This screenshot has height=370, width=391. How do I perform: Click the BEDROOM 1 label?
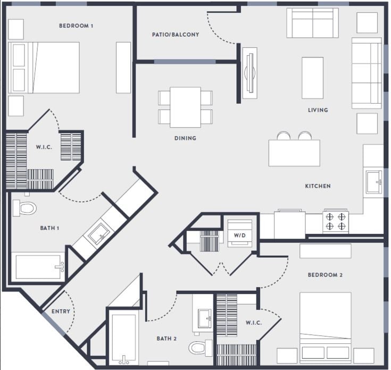tap(76, 26)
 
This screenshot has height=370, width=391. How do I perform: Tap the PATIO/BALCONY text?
tap(176, 35)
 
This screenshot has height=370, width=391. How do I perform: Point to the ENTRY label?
tap(61, 312)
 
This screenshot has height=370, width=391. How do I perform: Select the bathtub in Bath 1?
tap(39, 266)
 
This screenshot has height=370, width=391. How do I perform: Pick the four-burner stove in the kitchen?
tap(336, 222)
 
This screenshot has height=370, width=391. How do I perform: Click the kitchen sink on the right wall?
tap(374, 181)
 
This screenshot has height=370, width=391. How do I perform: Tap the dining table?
tap(185, 107)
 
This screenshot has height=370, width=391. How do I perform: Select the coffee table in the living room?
tap(312, 78)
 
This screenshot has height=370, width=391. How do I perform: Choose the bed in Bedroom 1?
tap(45, 68)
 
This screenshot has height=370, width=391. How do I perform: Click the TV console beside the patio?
tap(249, 73)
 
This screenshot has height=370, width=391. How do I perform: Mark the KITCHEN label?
tap(318, 186)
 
